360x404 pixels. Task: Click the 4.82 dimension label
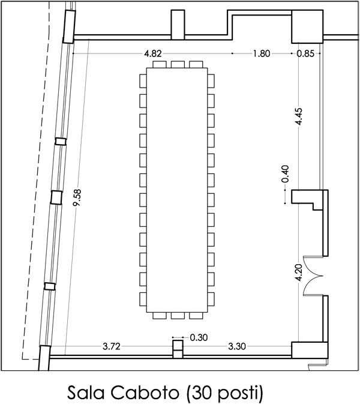point(153,53)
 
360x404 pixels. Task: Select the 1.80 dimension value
point(262,53)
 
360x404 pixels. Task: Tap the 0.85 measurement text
point(305,53)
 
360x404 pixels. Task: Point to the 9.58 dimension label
point(77,197)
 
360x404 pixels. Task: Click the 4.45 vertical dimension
point(299,116)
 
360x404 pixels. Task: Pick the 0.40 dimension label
point(285,174)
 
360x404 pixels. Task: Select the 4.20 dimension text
point(299,273)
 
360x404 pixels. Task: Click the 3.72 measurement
point(111,346)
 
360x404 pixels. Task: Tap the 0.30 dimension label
point(199,337)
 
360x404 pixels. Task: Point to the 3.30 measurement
point(237,346)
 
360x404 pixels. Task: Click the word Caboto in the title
point(145,393)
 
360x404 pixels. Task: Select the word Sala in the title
point(86,393)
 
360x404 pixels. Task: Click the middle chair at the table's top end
point(178,64)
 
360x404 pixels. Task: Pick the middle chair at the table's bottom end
point(178,316)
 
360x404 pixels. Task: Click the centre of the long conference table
point(177,190)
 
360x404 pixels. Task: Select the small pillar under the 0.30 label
point(178,349)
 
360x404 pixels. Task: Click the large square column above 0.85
point(307,26)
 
